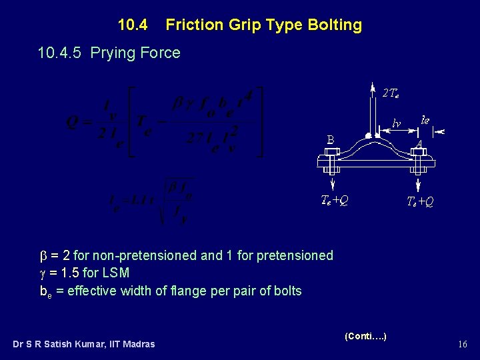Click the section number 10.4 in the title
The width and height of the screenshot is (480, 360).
pyautogui.click(x=133, y=25)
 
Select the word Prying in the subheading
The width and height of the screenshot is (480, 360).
pyautogui.click(x=111, y=53)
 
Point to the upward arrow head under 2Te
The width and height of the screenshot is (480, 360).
pyautogui.click(x=371, y=87)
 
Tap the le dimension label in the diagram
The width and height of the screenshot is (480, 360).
pyautogui.click(x=425, y=119)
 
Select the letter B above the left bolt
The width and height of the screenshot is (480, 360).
pyautogui.click(x=330, y=139)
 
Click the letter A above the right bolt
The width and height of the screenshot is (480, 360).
pyautogui.click(x=419, y=145)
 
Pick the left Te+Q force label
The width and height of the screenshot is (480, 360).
pyautogui.click(x=334, y=199)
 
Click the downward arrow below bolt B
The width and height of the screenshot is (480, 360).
pyautogui.click(x=332, y=183)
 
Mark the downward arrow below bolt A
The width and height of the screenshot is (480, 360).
pyautogui.click(x=419, y=183)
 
